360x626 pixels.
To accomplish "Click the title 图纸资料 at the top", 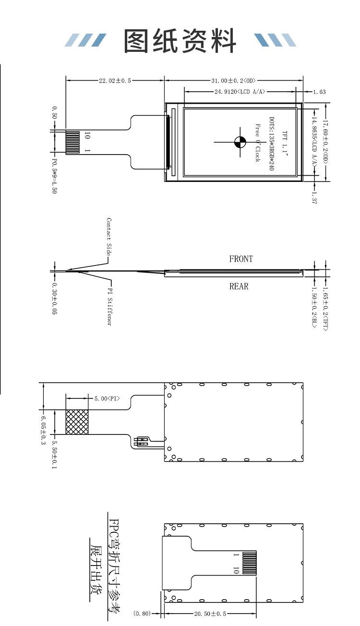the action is click(180, 41).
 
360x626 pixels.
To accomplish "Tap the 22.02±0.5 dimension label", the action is click(115, 81).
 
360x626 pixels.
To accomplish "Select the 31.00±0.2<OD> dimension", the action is click(233, 81).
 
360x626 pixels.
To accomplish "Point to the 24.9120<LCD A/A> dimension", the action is click(240, 92).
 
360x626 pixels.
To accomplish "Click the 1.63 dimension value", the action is click(319, 92).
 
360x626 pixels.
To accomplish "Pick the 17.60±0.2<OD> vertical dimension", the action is click(325, 143).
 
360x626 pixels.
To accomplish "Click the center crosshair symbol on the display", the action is click(240, 142).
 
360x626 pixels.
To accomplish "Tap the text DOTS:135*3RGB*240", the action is click(271, 144).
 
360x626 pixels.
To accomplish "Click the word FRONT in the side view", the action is click(241, 259).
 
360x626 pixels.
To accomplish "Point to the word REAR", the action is click(239, 287).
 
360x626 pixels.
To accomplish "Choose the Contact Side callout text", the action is click(109, 237).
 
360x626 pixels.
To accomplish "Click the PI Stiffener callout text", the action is click(110, 307).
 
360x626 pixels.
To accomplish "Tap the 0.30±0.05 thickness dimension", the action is click(55, 299).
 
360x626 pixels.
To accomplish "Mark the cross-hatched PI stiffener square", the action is click(77, 422).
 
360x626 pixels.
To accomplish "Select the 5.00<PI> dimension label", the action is click(107, 398).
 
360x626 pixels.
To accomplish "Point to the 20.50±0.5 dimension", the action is click(210, 614).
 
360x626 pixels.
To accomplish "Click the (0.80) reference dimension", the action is click(142, 614).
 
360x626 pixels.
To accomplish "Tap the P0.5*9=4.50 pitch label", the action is click(55, 176).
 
